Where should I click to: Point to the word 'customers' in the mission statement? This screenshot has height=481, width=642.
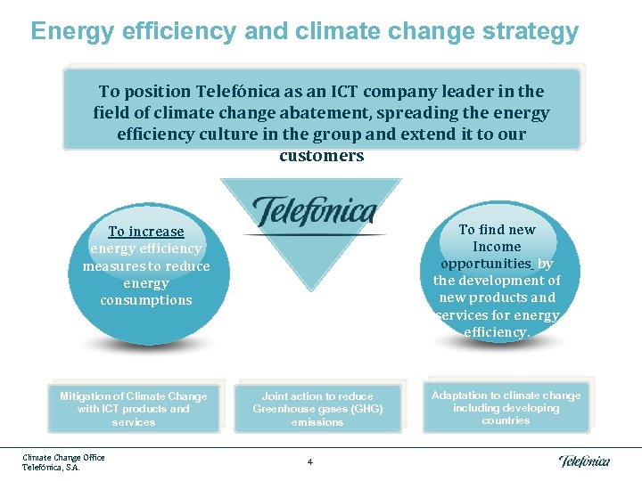(x=321, y=156)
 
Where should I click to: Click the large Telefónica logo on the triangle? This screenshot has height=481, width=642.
(x=314, y=212)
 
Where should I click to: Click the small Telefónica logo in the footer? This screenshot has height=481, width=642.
(x=584, y=461)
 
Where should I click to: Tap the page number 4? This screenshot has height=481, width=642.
(x=309, y=461)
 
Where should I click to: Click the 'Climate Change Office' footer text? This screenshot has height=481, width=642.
(x=63, y=457)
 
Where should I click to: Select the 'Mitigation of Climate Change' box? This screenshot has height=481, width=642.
(x=133, y=409)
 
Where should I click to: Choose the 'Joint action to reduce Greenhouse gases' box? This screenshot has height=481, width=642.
(x=317, y=409)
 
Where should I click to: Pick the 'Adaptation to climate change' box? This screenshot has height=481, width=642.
(x=506, y=408)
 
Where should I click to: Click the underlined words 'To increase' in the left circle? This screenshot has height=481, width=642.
(x=145, y=232)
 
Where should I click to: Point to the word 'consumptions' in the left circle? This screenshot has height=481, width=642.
(x=145, y=300)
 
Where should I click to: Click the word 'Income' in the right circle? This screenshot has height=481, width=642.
(x=497, y=247)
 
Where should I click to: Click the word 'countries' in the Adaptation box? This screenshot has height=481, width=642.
(x=506, y=420)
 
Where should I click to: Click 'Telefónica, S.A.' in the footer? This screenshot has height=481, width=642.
(x=51, y=467)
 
